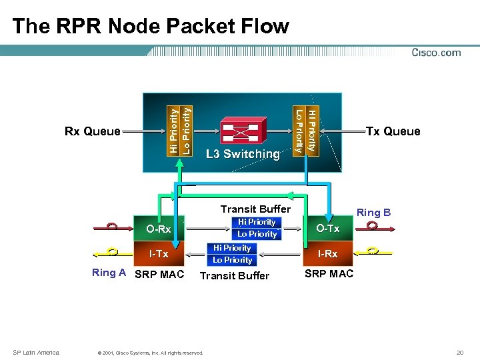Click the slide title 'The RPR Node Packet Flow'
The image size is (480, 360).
point(151,26)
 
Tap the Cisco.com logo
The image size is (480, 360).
point(436,53)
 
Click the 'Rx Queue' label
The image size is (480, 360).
point(92,131)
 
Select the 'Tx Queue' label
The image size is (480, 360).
point(393,131)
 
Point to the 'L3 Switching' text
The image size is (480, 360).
point(243,154)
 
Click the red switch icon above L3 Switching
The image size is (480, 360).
point(243,130)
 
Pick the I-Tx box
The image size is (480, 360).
point(159,254)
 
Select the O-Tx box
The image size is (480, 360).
point(327,229)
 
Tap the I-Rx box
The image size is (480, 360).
point(327,254)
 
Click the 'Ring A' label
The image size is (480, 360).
point(109,273)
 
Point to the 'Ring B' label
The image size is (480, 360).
point(373,213)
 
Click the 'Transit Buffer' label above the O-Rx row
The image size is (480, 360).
point(255,209)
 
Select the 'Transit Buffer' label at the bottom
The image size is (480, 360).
point(235,276)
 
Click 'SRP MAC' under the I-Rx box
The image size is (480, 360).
point(329,274)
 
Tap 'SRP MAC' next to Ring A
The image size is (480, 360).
point(159,274)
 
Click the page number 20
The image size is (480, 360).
point(459,352)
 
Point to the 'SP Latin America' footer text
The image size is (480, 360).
point(36,352)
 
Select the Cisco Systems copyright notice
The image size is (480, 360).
point(150,353)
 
